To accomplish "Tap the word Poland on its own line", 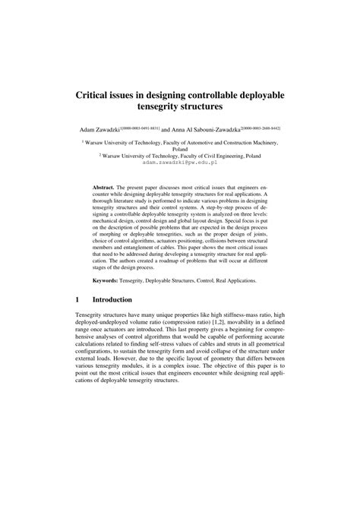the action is click(180, 150).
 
